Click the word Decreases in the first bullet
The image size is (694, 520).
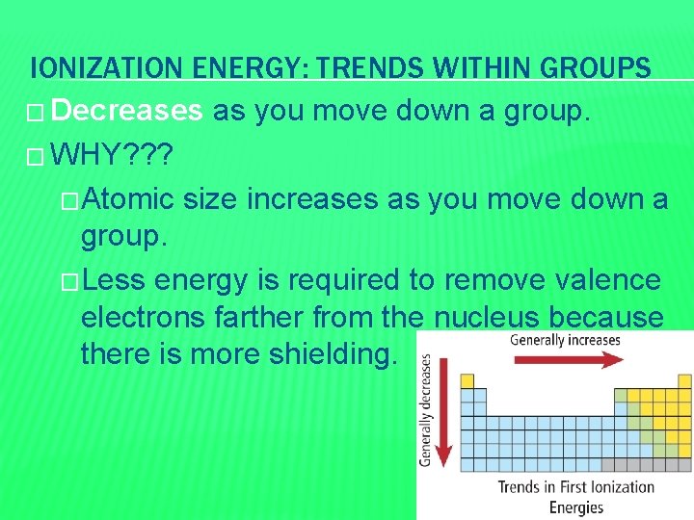127,112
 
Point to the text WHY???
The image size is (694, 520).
114,154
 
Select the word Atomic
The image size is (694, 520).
127,198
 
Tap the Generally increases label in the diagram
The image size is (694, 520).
565,340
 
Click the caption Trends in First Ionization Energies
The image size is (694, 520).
575,496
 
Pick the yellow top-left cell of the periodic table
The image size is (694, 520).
467,380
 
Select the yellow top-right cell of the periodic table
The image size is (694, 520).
684,380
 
